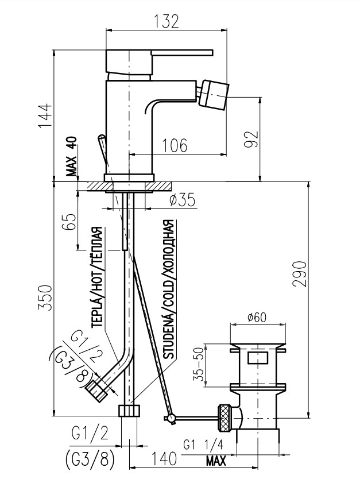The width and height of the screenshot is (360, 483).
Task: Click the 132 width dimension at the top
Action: coord(166,22)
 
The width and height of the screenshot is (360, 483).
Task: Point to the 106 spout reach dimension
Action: coord(175,145)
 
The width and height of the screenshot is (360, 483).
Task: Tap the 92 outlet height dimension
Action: coord(251,139)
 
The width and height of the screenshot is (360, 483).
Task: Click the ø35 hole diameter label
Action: coord(183,200)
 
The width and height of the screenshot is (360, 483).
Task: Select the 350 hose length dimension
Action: coord(45,298)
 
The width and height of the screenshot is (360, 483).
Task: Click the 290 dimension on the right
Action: coord(300,274)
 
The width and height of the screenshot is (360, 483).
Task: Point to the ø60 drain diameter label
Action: coord(257,317)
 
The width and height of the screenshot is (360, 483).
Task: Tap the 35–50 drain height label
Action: coord(200,364)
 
